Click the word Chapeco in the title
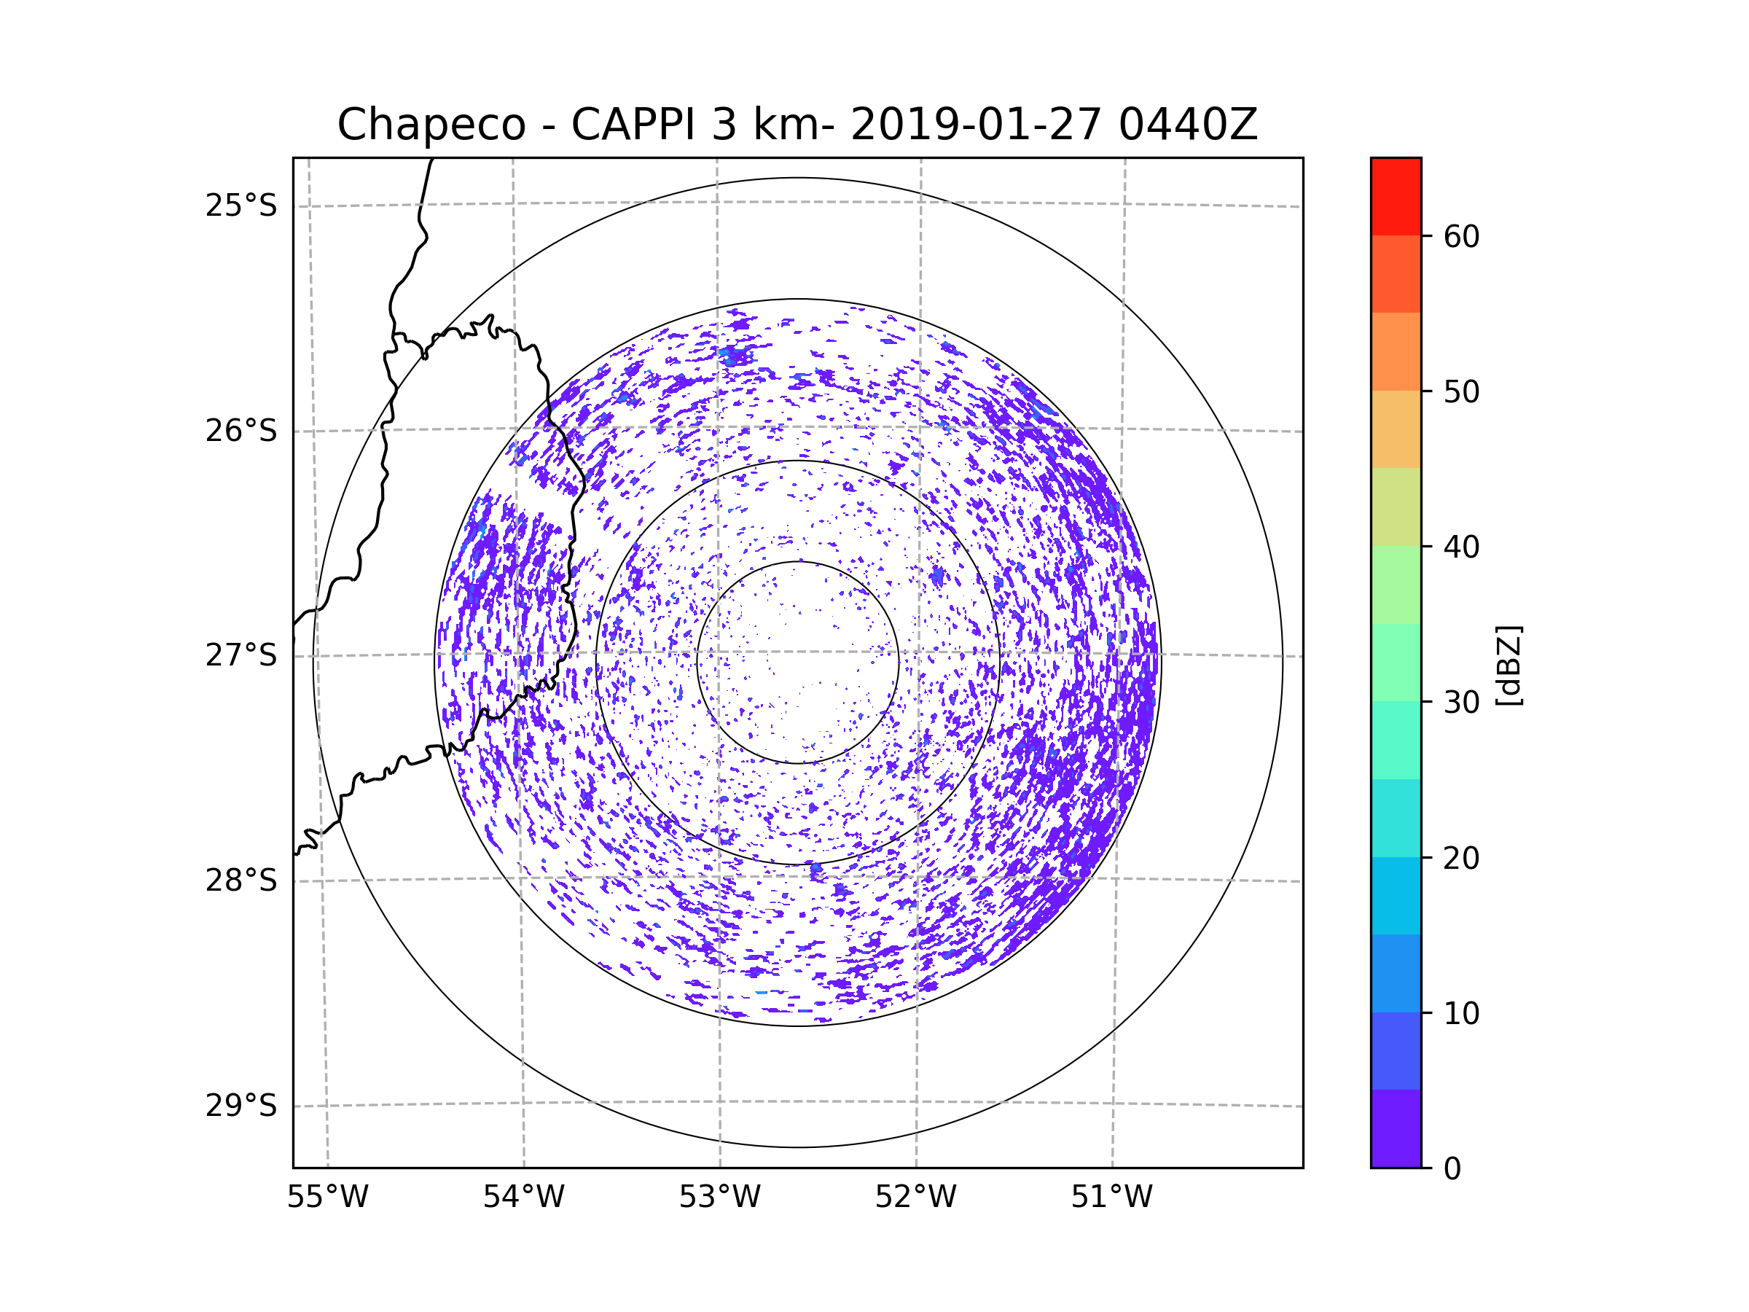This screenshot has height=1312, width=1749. click(x=431, y=125)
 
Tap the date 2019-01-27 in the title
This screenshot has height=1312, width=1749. click(x=975, y=125)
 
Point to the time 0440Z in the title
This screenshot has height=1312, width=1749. click(x=1188, y=125)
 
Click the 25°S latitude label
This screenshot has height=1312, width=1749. click(x=241, y=206)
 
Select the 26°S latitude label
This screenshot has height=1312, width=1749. click(x=241, y=431)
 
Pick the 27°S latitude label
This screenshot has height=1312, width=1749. click(x=241, y=655)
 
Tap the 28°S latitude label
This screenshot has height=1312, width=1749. click(x=241, y=880)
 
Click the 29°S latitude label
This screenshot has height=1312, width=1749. click(x=241, y=1106)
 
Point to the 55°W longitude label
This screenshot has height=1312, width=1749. click(x=327, y=1198)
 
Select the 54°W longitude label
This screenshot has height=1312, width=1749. click(x=523, y=1198)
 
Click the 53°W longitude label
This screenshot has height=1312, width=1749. click(x=719, y=1198)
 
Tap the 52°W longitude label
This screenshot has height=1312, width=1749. click(x=915, y=1198)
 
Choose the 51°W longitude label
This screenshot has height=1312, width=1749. click(x=1111, y=1198)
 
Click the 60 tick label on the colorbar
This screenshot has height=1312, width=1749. click(x=1461, y=236)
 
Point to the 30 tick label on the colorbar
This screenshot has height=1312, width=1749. click(x=1461, y=702)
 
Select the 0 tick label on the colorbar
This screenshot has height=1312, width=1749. click(x=1452, y=1169)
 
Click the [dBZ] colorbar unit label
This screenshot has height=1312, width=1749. click(x=1509, y=666)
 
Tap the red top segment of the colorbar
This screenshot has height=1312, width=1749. click(x=1396, y=196)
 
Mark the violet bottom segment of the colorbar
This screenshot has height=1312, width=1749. click(x=1396, y=1128)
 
